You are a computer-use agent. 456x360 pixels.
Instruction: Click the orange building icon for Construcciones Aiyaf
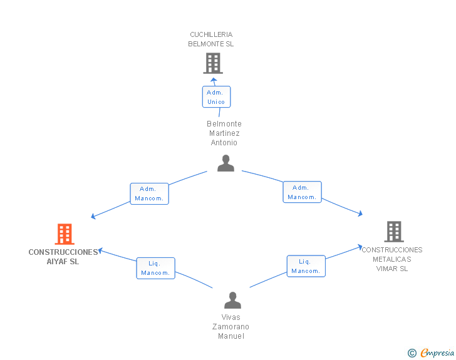click(65, 234)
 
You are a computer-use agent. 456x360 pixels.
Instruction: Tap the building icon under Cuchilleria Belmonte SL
click(213, 63)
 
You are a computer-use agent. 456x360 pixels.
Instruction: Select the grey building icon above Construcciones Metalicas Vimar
click(394, 232)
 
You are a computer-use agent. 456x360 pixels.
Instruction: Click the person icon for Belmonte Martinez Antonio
click(225, 163)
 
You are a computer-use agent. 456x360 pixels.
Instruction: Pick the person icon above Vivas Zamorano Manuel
click(232, 300)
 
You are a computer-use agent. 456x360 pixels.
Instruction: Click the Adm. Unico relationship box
click(216, 97)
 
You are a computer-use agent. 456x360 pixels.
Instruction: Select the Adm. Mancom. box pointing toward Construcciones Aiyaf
click(149, 193)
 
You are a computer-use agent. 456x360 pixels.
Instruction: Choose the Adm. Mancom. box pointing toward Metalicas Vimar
click(302, 192)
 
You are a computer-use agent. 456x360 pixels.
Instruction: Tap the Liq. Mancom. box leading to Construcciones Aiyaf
click(155, 268)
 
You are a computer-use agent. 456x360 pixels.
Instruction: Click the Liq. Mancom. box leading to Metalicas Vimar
click(306, 266)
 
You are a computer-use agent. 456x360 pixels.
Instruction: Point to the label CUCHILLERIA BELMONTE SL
click(211, 39)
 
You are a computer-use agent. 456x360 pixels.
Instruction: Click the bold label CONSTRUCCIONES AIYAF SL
click(63, 257)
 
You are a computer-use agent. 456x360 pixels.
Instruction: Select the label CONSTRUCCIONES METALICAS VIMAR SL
click(392, 259)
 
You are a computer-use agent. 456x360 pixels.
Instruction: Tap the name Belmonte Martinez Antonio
click(224, 133)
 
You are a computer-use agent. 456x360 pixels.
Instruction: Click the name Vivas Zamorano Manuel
click(231, 327)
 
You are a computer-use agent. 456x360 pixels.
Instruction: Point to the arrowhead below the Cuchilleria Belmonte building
click(214, 80)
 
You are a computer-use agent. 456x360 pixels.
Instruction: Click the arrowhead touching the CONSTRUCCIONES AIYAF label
click(100, 250)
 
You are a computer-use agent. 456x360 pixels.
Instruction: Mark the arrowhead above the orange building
click(93, 216)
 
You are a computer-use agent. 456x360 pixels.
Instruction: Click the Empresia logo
click(437, 352)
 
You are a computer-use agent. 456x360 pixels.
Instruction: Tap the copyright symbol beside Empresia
click(412, 353)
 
